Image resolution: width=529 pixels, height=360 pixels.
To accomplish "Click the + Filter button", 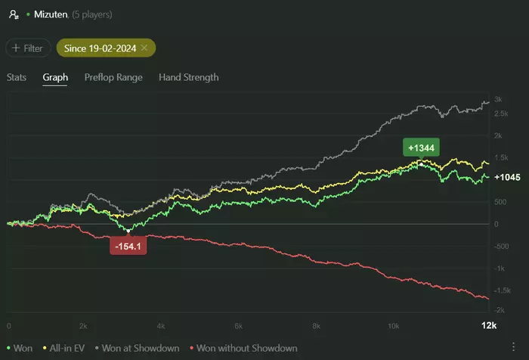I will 28,48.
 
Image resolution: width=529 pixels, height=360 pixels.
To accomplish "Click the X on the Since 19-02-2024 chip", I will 144,48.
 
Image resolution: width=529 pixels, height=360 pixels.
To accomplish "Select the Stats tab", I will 17,77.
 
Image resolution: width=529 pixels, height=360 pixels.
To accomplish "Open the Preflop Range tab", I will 113,77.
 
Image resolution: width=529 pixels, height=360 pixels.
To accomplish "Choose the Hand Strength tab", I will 188,77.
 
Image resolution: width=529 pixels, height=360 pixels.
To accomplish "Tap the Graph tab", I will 55,77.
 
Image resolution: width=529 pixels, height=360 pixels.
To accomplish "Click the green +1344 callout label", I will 422,148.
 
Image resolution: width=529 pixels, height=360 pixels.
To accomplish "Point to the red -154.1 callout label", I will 128,247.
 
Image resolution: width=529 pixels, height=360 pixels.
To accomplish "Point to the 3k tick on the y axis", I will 498,100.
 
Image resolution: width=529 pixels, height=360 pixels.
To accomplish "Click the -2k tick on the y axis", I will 499,311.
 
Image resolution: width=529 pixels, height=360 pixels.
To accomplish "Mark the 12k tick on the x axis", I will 489,326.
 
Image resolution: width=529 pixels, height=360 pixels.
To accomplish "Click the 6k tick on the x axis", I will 238,326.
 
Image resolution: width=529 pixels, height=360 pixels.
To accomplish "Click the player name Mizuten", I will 51,14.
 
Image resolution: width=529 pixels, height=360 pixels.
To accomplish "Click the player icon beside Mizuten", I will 13,14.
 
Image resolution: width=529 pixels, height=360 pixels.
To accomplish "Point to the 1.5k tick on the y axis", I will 500,157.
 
